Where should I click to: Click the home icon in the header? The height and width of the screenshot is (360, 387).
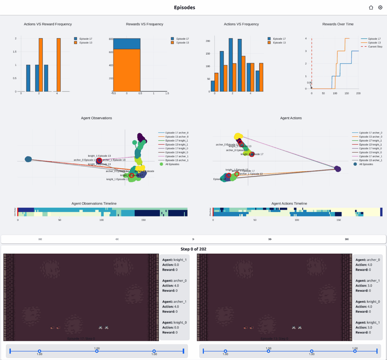point(371,7)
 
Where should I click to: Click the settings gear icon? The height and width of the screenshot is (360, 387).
point(380,7)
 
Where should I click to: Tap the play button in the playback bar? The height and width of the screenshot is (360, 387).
point(193,239)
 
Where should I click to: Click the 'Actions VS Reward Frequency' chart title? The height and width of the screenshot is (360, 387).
point(48,24)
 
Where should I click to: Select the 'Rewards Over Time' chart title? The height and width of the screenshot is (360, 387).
point(338,24)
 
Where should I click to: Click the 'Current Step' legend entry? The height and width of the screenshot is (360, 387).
point(375,46)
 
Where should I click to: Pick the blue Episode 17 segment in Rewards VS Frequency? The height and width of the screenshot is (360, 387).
point(127,44)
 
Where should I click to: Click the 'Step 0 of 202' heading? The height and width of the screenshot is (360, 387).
point(193,249)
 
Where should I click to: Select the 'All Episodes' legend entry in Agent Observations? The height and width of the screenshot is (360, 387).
point(172,164)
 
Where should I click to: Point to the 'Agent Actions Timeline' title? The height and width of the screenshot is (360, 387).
point(289,203)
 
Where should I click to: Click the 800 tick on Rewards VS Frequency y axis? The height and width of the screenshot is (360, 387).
point(111,39)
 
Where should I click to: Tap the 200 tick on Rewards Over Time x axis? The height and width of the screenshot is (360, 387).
point(358,93)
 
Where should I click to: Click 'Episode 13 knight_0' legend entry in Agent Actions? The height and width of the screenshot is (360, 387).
point(371,152)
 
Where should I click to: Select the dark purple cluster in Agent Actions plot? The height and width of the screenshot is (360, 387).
point(337,169)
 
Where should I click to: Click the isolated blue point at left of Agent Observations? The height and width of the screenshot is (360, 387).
point(28,159)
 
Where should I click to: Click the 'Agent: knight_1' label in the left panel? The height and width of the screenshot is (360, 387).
point(174,260)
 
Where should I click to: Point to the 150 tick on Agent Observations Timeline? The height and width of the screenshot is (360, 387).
point(144,220)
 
